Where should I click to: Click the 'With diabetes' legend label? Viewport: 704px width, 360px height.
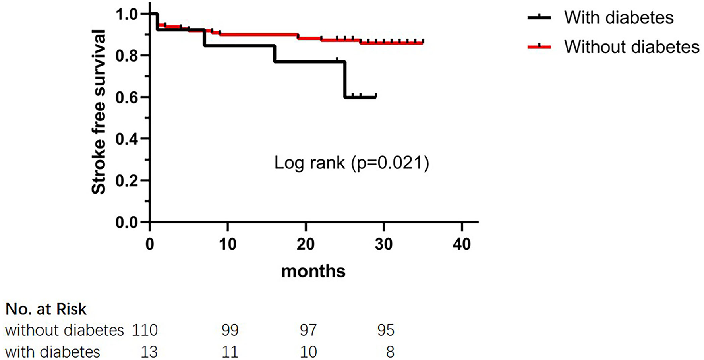tap(619, 18)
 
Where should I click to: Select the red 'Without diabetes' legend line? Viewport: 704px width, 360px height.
tap(539, 47)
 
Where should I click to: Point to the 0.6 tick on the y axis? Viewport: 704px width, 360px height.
tap(147, 97)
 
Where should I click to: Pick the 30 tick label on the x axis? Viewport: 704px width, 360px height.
tap(383, 244)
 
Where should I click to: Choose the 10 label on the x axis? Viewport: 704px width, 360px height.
tap(227, 244)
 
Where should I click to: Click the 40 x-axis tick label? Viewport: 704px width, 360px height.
tap(461, 244)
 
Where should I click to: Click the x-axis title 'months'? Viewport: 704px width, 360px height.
tap(313, 271)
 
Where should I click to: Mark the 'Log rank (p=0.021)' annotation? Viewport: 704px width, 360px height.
tap(352, 163)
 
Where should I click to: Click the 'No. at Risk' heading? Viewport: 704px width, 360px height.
tap(46, 309)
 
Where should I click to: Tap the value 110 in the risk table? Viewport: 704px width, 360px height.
tap(145, 330)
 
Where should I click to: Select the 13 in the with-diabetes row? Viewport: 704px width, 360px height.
tap(149, 352)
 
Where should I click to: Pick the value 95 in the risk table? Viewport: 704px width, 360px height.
tap(386, 330)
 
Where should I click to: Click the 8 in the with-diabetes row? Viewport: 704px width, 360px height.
tap(390, 352)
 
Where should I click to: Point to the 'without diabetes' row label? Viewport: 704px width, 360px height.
tap(64, 330)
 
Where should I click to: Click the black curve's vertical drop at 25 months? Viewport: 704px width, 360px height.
tap(344, 79)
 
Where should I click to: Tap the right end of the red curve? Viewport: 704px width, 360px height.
tap(422, 43)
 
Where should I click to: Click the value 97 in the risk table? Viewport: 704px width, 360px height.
tap(308, 330)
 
